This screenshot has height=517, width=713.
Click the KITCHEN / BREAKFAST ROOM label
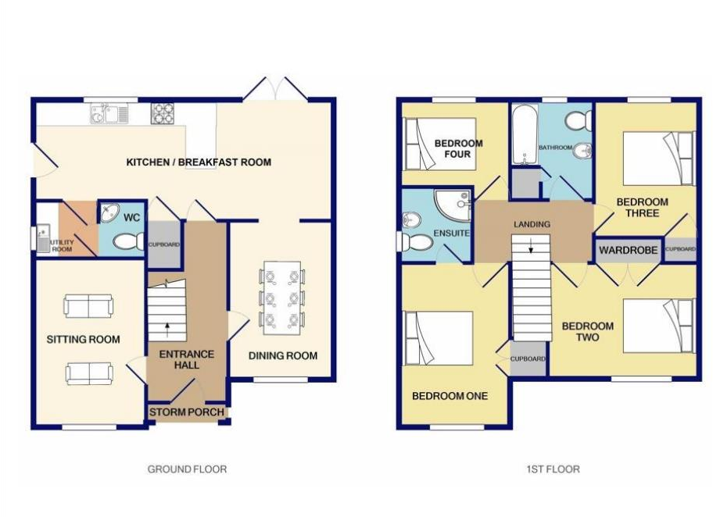pos(199,162)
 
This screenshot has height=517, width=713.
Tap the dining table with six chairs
pos(282,297)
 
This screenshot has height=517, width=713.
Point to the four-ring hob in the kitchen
pos(162,114)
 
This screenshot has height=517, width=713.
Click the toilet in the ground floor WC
pos(126,242)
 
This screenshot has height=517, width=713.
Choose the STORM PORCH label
pos(187,412)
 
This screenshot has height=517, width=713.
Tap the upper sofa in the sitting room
pos(88,306)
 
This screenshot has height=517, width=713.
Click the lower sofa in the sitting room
pos(88,373)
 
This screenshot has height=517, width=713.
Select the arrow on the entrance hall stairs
pos(167,323)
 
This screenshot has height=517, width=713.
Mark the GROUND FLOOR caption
pos(187,469)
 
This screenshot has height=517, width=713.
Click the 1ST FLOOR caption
pos(552,469)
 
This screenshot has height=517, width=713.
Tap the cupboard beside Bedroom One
pos(528,359)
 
